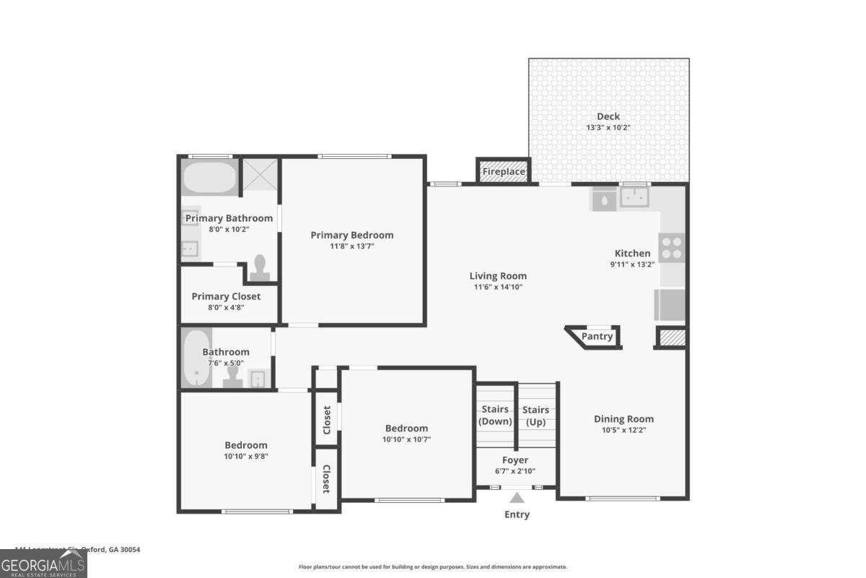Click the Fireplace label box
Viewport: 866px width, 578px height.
click(503, 171)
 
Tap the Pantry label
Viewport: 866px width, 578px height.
click(597, 336)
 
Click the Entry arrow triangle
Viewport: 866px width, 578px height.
click(517, 497)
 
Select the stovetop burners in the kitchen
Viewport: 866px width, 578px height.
click(672, 248)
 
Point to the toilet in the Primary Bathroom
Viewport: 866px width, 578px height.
click(261, 267)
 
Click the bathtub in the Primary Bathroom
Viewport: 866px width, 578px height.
click(209, 177)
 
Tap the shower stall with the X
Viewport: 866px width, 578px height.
click(259, 175)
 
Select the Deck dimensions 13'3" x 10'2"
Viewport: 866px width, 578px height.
click(608, 128)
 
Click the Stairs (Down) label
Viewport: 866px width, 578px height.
click(495, 415)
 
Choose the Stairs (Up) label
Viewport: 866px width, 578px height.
click(535, 415)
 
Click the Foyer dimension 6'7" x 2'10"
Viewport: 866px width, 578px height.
click(515, 471)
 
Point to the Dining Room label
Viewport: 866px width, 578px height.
click(624, 419)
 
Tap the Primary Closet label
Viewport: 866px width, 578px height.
click(226, 296)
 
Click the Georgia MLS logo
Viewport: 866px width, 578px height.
click(43, 564)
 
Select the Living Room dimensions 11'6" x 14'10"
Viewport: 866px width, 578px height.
click(498, 287)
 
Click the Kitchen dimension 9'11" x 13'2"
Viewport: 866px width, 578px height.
click(632, 264)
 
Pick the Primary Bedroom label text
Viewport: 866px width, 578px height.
click(352, 235)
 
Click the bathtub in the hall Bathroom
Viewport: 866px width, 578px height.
click(195, 359)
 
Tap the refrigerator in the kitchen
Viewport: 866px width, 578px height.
click(670, 304)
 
